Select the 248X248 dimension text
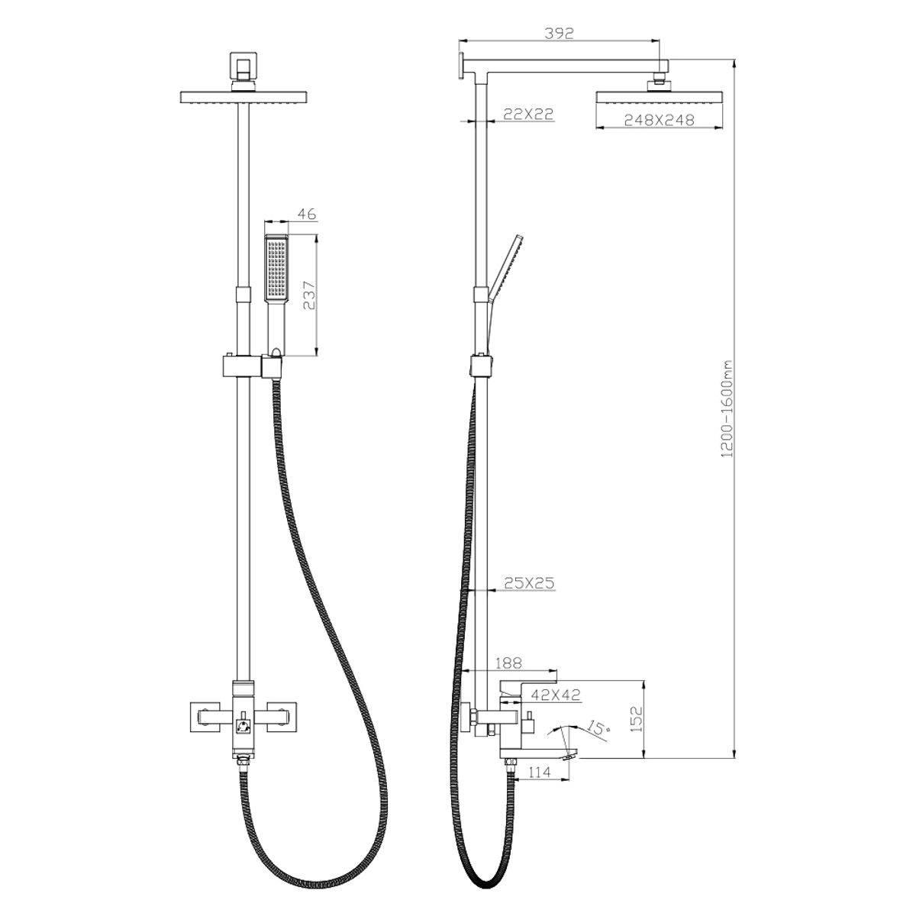660,120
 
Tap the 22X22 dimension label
528,114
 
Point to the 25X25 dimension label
529,583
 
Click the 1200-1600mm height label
727,409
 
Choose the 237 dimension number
309,295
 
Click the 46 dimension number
307,214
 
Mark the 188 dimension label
508,663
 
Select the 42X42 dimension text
556,695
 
